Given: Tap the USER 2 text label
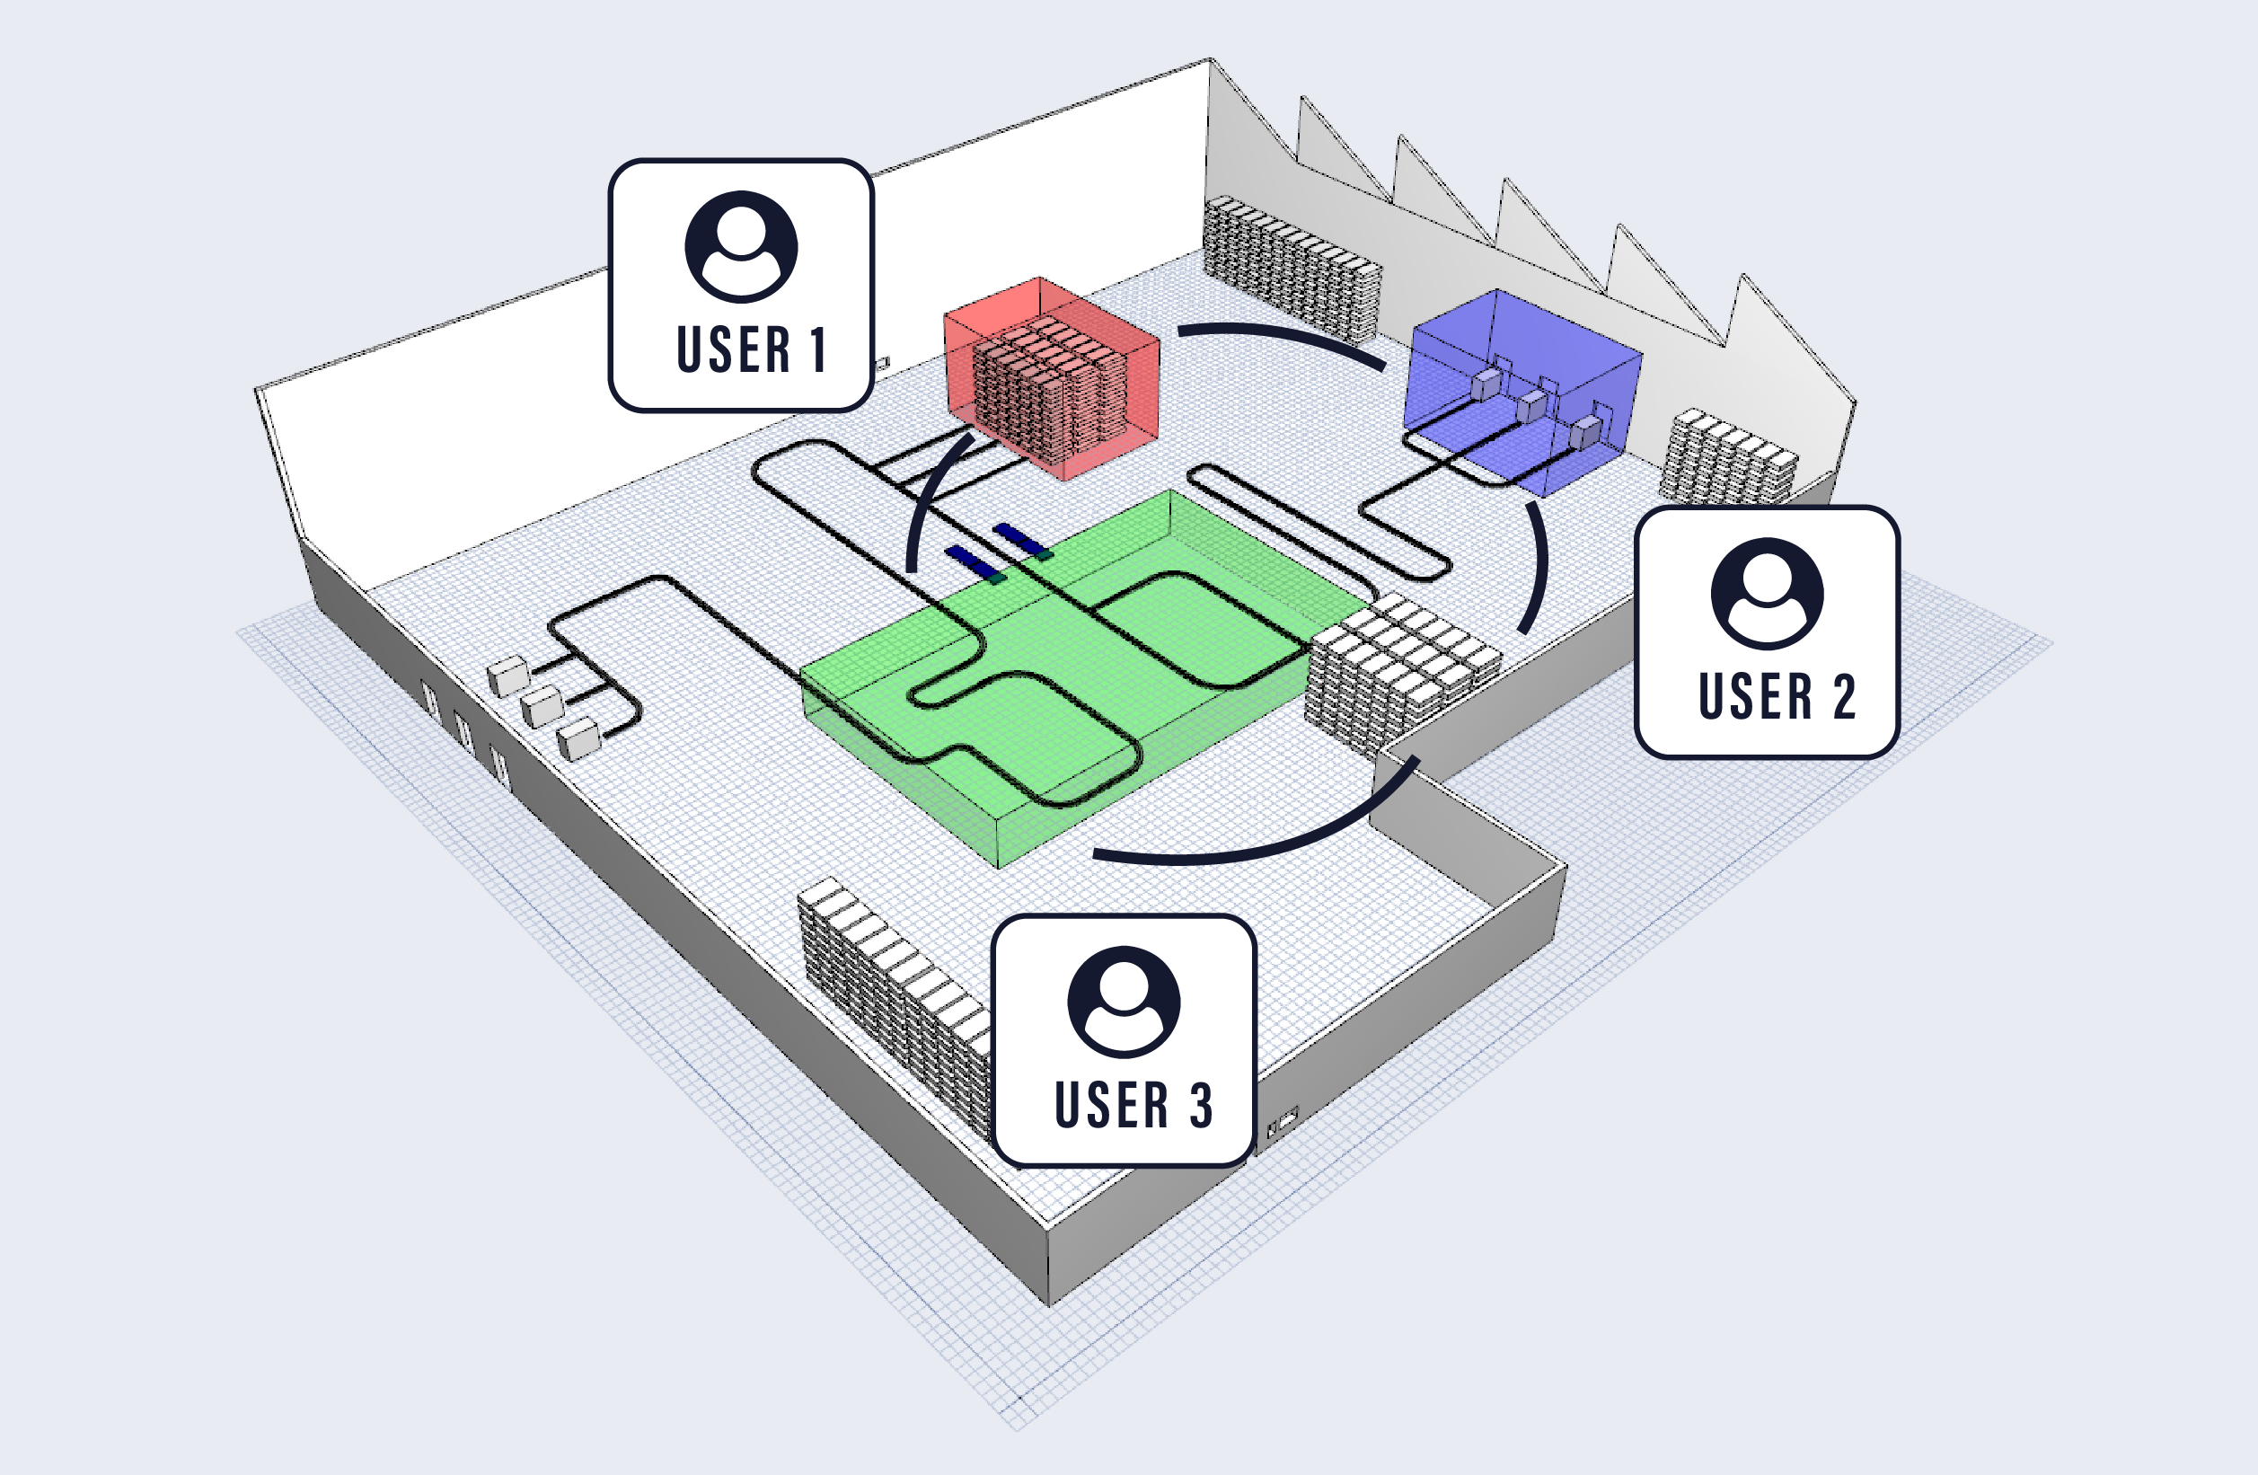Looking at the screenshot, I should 1776,696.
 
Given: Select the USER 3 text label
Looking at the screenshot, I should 1133,1105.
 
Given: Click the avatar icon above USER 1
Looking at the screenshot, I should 741,247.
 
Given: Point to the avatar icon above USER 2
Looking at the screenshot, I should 1767,593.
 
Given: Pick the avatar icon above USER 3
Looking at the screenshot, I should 1124,1002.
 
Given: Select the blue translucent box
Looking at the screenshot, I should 1522,389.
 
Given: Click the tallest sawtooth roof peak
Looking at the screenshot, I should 1210,63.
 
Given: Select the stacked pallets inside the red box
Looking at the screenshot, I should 1048,389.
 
